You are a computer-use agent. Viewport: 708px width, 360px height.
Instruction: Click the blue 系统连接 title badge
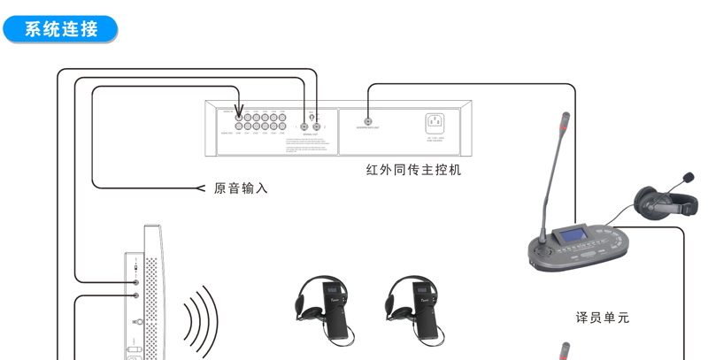click(x=60, y=28)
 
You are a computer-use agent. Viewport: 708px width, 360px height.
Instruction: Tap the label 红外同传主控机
click(x=413, y=170)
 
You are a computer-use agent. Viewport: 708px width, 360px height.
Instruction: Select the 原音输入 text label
click(x=241, y=188)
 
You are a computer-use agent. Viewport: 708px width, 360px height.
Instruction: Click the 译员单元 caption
click(x=602, y=316)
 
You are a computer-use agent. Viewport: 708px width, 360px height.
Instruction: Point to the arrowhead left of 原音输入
click(x=199, y=188)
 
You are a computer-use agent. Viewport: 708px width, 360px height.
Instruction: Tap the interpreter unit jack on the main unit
click(x=367, y=122)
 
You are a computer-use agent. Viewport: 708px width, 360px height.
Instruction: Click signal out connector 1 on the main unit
click(x=304, y=126)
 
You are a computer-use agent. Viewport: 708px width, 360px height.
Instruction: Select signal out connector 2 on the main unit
click(x=317, y=126)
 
